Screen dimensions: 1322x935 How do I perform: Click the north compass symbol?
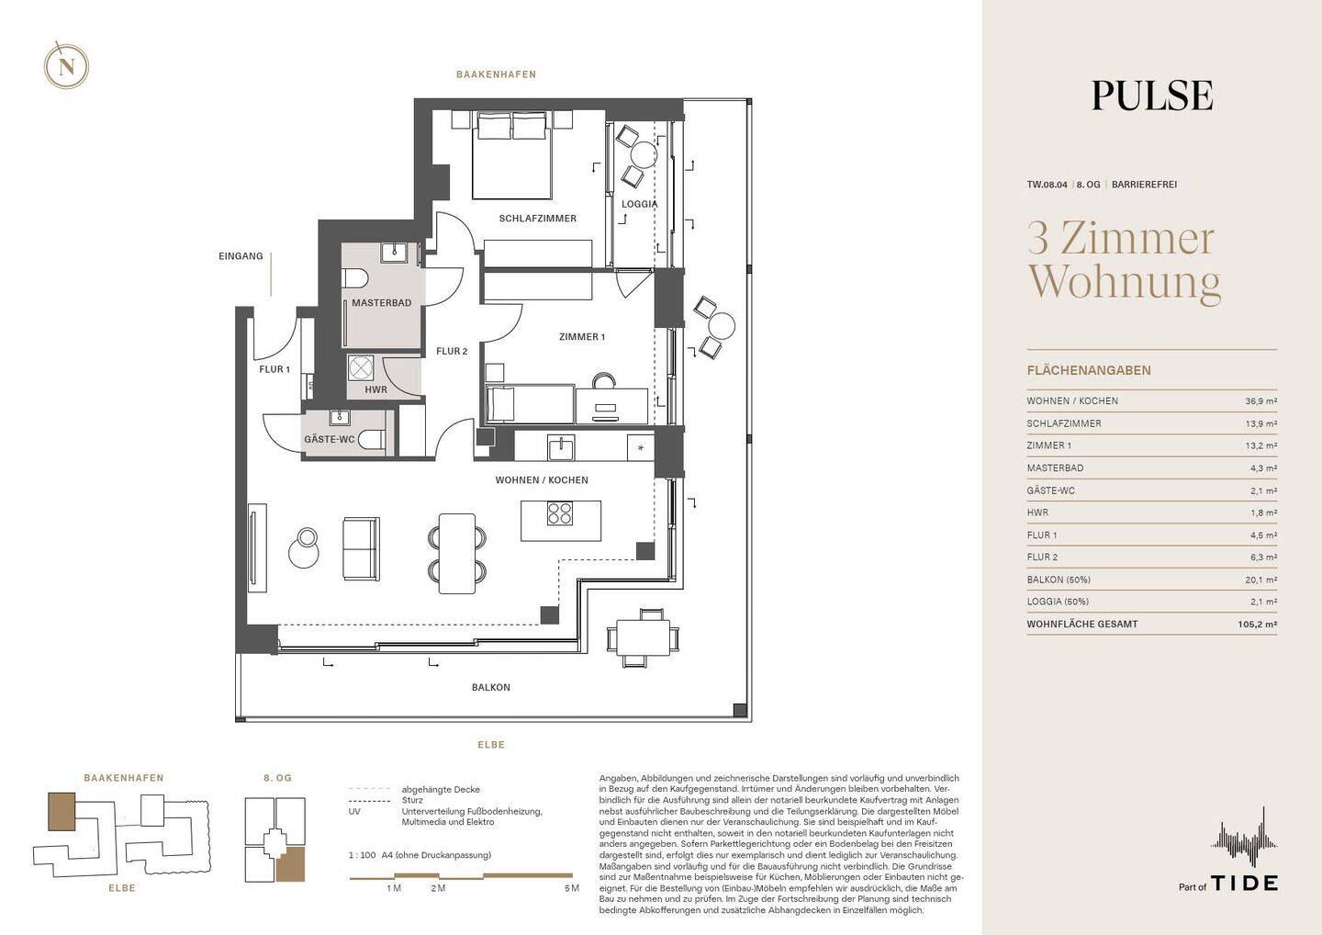(x=67, y=65)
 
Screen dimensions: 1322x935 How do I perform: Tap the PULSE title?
(x=1152, y=96)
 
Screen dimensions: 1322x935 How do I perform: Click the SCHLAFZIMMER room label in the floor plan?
(x=538, y=219)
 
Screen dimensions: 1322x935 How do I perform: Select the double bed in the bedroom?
(x=511, y=154)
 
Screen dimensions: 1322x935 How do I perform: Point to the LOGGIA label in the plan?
(x=639, y=204)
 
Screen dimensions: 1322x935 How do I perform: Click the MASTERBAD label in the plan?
(x=382, y=303)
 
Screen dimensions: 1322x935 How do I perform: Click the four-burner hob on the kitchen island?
(x=559, y=513)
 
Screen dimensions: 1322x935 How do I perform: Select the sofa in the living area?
(x=360, y=549)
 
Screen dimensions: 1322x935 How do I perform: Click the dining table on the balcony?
(x=642, y=637)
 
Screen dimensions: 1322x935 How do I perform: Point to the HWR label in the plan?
(x=376, y=389)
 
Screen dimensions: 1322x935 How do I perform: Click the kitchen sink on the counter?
(x=561, y=448)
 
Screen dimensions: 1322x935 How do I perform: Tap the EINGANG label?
(x=241, y=256)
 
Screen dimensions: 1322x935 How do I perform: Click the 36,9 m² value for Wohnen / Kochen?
(x=1261, y=400)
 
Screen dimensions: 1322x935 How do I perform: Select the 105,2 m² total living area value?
(x=1258, y=624)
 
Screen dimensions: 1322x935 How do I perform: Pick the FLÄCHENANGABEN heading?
(x=1089, y=371)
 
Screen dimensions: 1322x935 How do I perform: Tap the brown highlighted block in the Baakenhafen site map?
(x=62, y=812)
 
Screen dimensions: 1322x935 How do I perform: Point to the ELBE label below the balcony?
(x=491, y=745)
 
